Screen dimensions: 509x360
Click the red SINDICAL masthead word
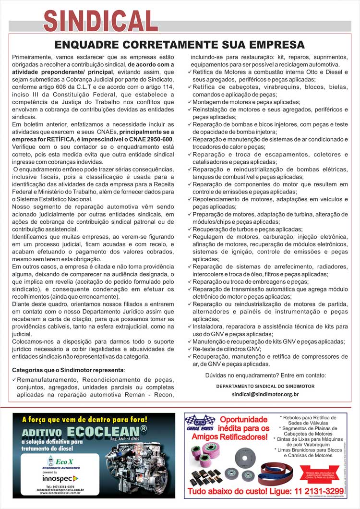tap(101, 20)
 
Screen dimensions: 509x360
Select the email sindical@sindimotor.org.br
tap(265, 394)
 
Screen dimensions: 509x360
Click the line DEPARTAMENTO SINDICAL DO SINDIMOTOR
tap(265, 386)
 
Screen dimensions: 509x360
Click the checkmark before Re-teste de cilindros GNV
tap(190, 349)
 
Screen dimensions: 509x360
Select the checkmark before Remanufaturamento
tap(14, 379)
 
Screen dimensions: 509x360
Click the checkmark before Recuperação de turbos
tap(190, 230)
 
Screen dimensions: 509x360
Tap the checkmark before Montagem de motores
tap(190, 102)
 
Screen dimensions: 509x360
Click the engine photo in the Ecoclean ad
tap(130, 466)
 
